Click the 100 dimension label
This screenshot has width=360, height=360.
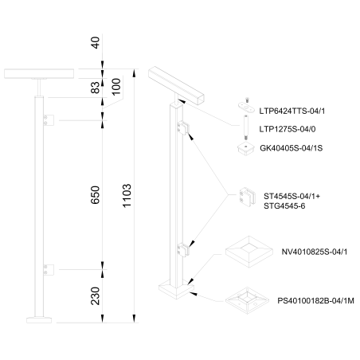[x=117, y=87]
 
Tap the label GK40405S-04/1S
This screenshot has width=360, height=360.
[x=296, y=148]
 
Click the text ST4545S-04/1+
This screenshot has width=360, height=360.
[x=292, y=194]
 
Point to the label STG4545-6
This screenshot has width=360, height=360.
[x=284, y=205]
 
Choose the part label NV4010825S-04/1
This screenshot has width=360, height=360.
[x=315, y=252]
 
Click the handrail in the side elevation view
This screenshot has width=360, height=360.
[x=37, y=73]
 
